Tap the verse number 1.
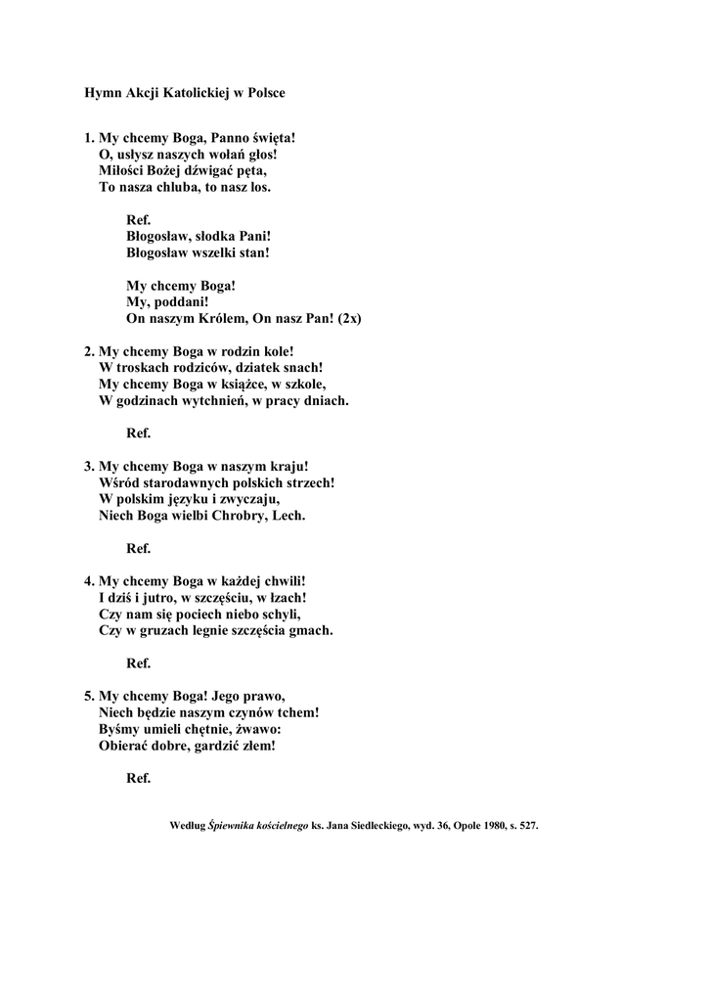[x=88, y=139]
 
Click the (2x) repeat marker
[x=349, y=319]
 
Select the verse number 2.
[x=88, y=350]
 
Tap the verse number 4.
[x=88, y=581]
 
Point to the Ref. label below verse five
[x=138, y=779]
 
